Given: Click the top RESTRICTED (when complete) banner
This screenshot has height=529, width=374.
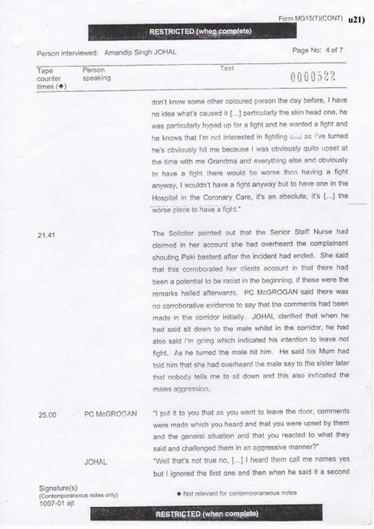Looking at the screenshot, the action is (201, 31).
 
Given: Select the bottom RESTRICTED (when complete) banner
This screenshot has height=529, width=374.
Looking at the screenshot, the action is (207, 513).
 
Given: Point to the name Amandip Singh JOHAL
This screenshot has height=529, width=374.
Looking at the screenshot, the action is (140, 53).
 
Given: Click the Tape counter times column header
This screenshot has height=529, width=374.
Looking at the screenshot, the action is (50, 80).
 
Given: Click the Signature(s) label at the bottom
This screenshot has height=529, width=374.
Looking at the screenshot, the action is (58, 488).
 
